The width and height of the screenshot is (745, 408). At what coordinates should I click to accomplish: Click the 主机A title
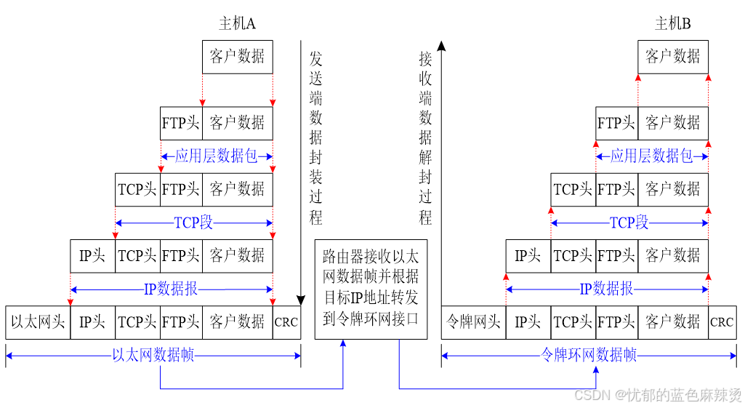237,24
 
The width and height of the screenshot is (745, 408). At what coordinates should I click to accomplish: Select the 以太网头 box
38,321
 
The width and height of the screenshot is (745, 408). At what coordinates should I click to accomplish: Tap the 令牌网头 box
473,321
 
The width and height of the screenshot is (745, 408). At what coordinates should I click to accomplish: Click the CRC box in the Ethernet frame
286,321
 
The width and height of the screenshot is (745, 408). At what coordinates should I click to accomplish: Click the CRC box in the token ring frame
722,321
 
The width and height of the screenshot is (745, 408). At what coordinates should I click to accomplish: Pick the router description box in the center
371,289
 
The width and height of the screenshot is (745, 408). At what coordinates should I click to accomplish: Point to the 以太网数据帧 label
153,355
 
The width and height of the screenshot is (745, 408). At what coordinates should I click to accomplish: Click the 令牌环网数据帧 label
589,355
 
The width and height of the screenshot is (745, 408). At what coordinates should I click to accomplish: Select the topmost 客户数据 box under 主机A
237,56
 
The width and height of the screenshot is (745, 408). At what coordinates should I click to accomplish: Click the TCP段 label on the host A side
193,223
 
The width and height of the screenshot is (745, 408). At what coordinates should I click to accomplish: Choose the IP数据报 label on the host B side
606,289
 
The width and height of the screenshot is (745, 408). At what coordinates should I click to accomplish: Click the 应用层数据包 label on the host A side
216,156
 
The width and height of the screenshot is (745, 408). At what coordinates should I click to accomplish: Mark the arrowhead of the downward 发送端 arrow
301,300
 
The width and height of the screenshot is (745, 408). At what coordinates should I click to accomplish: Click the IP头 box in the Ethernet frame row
92,321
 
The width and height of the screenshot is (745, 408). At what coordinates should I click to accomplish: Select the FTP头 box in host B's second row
616,123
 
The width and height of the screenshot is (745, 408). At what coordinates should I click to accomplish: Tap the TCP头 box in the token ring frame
573,321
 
